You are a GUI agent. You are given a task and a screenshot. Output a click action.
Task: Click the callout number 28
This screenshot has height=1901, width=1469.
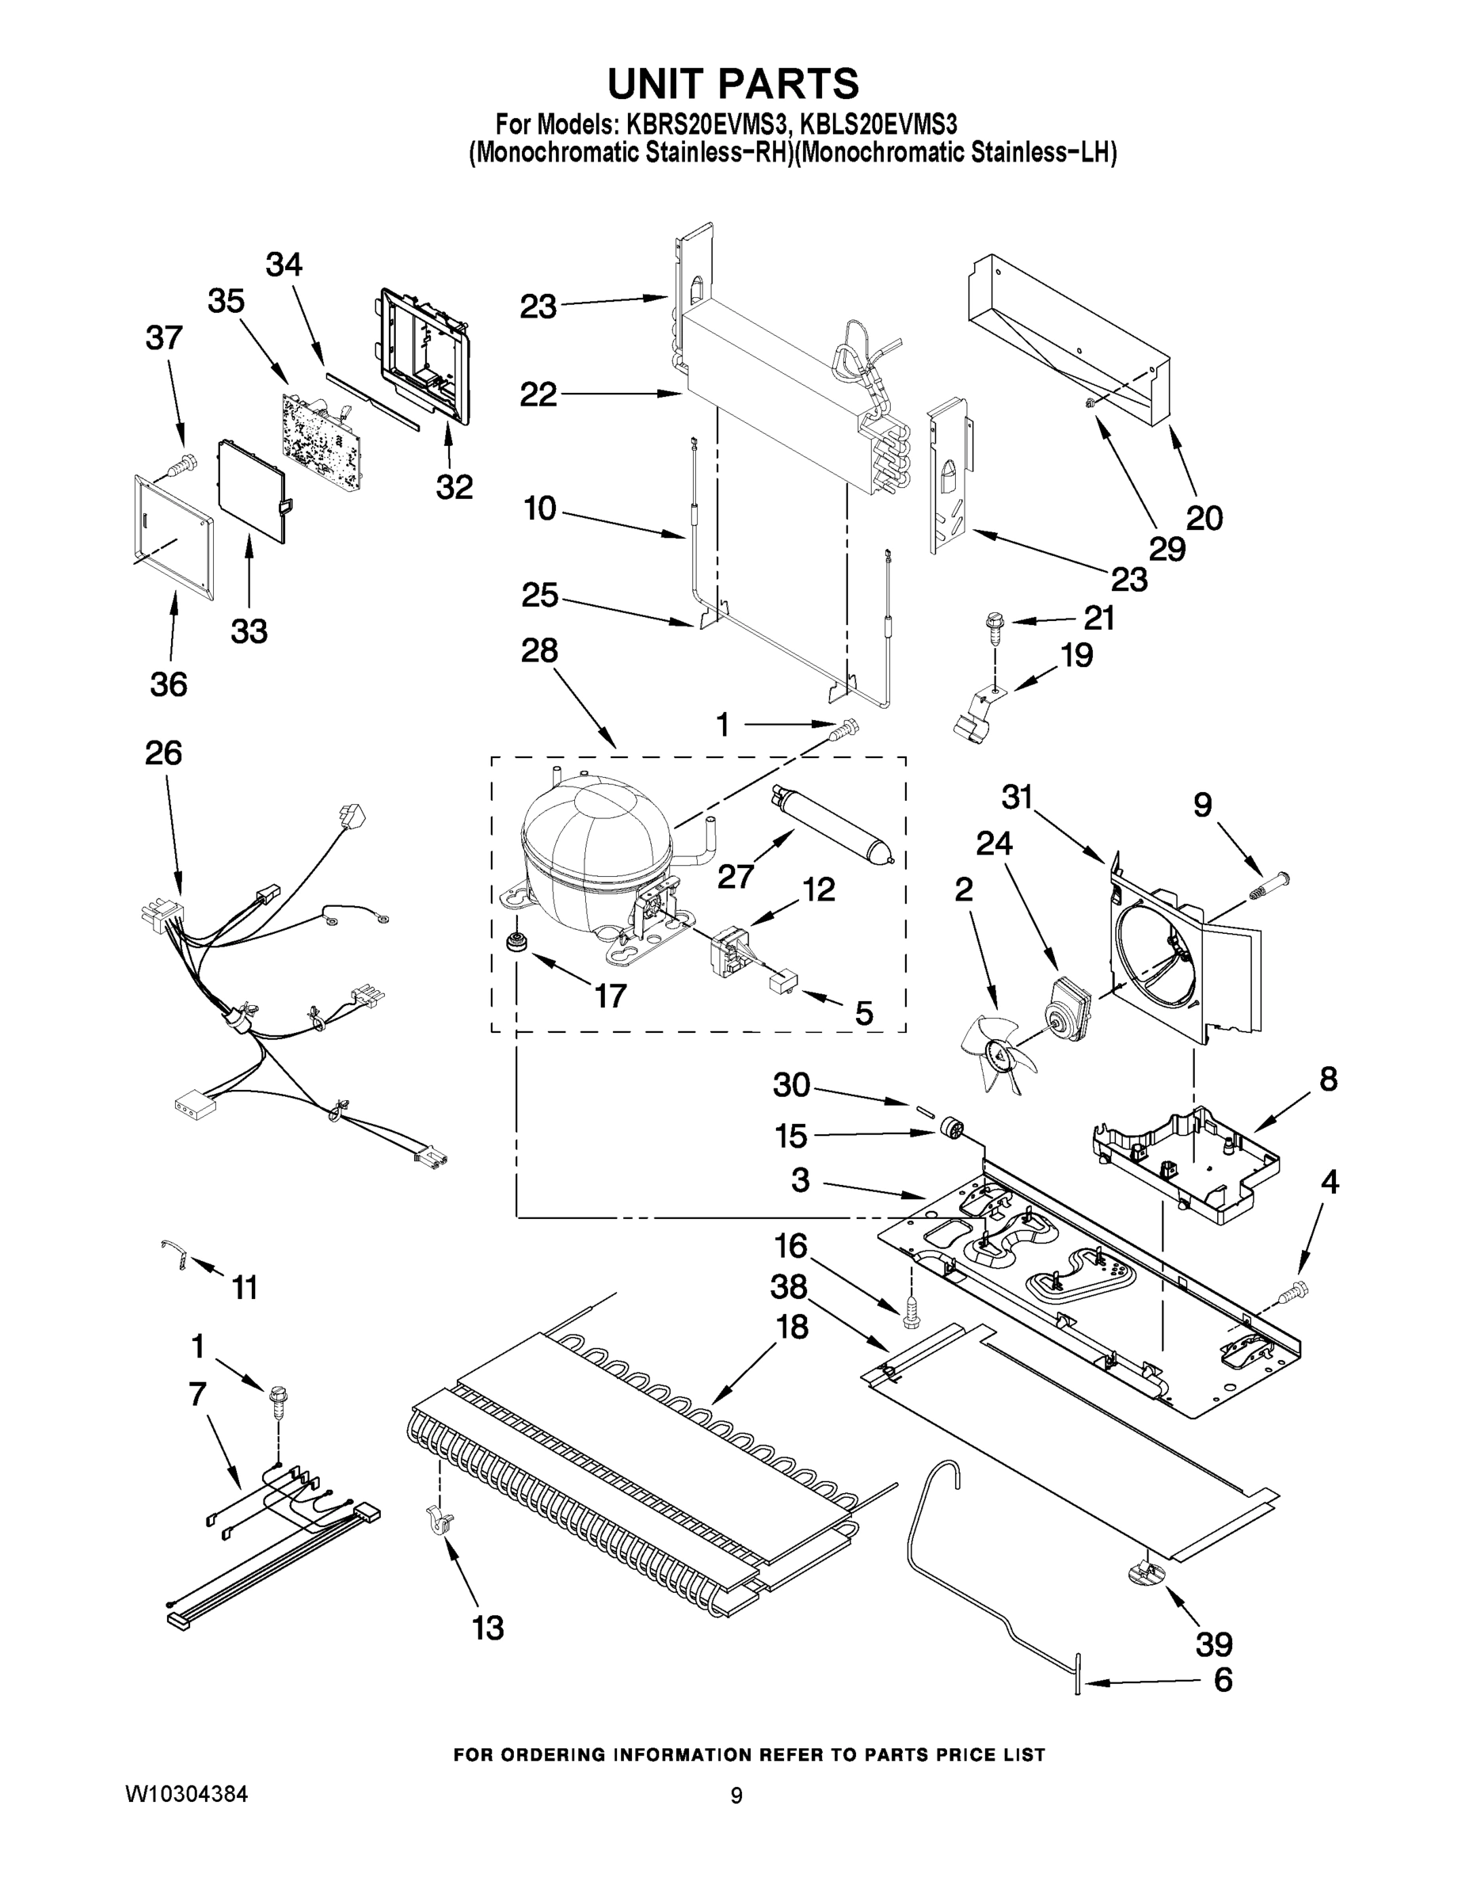(539, 650)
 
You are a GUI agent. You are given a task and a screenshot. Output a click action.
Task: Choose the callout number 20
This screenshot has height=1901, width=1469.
(1205, 519)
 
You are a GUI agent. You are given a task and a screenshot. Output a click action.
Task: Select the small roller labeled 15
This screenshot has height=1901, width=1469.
(949, 1130)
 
